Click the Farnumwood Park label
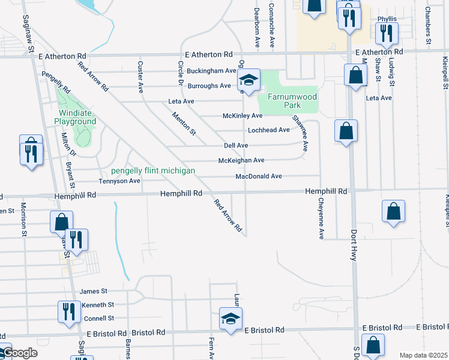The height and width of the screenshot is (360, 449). click(x=292, y=101)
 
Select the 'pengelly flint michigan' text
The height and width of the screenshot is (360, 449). click(x=152, y=171)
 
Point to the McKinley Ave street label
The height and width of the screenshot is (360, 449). click(x=243, y=116)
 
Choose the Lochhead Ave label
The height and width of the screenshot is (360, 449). click(x=269, y=130)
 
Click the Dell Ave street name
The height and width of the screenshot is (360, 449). click(x=236, y=146)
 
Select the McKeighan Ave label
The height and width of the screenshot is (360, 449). click(x=241, y=161)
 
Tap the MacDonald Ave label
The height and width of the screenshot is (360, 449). click(x=259, y=176)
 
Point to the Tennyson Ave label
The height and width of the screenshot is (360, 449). click(x=119, y=181)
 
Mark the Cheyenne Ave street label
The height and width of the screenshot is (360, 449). click(x=321, y=219)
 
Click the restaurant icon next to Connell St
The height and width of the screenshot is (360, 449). click(x=68, y=312)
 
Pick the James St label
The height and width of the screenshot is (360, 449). click(x=93, y=291)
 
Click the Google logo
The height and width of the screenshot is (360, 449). click(x=20, y=353)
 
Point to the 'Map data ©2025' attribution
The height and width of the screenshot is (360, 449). click(x=423, y=355)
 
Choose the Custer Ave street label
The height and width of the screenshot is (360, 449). click(x=140, y=77)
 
